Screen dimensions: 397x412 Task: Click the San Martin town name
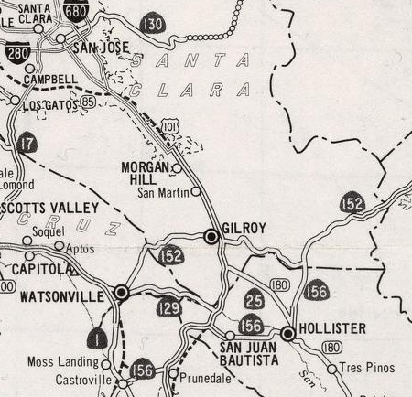coord(162,193)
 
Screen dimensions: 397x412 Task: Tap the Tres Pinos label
coord(368,368)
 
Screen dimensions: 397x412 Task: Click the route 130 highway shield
coord(153,22)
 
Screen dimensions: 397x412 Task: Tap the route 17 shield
coord(27,144)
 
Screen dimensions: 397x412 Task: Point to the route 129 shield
coord(168,308)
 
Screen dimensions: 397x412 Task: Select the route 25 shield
coord(255,298)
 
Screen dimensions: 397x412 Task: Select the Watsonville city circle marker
coord(121,293)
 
